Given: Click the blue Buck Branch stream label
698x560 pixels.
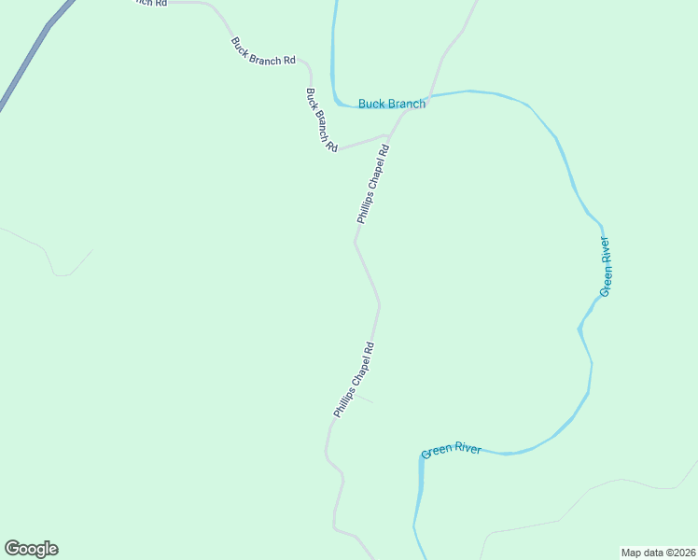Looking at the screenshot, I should click(x=392, y=104).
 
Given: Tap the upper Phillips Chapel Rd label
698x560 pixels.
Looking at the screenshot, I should click(x=371, y=183).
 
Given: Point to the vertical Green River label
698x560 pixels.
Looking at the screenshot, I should click(x=607, y=267).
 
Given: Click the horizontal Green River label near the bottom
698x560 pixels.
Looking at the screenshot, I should click(x=451, y=450).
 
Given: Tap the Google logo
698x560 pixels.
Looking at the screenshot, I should click(x=31, y=549).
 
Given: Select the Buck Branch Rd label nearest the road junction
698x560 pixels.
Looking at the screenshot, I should click(x=321, y=120).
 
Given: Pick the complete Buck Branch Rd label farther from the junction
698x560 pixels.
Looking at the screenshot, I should click(x=263, y=50).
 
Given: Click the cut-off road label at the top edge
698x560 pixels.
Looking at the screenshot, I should click(x=149, y=3).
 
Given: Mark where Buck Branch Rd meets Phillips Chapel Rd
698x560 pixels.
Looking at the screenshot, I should click(x=386, y=136).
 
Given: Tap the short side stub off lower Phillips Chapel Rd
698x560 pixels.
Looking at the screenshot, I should click(x=364, y=399).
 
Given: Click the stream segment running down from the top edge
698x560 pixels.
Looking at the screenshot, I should click(x=333, y=47).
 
